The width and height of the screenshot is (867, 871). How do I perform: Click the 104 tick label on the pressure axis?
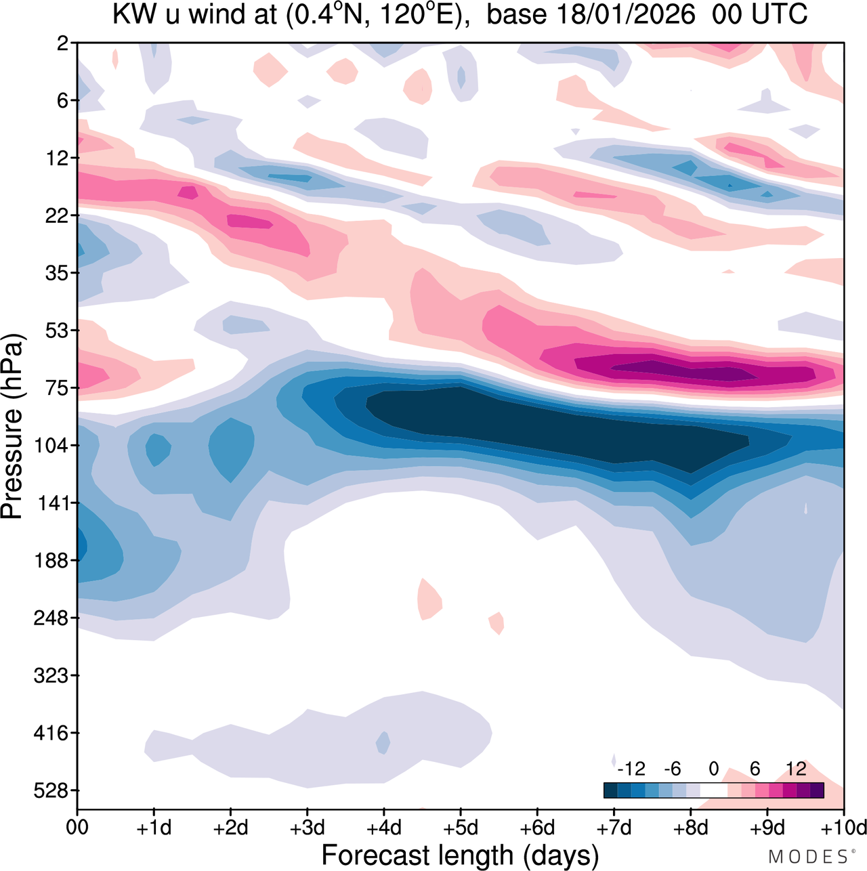(x=53, y=446)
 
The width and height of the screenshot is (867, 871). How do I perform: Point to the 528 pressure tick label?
(x=53, y=790)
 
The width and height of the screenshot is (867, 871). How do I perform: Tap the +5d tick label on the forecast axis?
(x=461, y=828)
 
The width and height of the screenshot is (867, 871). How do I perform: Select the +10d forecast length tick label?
(x=843, y=828)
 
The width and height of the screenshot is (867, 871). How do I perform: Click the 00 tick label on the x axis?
(x=77, y=828)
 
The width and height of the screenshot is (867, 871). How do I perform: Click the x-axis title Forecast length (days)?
(x=460, y=855)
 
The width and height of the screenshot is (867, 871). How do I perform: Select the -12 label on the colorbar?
(x=631, y=769)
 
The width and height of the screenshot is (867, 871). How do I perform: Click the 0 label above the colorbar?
(x=713, y=769)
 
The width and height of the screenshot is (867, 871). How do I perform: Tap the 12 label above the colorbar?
(x=796, y=769)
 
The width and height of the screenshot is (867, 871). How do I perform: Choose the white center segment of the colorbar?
(x=713, y=790)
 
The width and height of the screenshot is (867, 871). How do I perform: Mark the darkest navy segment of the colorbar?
(x=610, y=790)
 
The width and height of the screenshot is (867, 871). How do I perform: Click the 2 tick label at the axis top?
(x=63, y=43)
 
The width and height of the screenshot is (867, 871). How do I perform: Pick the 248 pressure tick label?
(x=53, y=618)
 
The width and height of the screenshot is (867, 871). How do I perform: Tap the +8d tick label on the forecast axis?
(x=690, y=828)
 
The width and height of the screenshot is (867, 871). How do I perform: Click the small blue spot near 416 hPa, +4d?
(x=383, y=743)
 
